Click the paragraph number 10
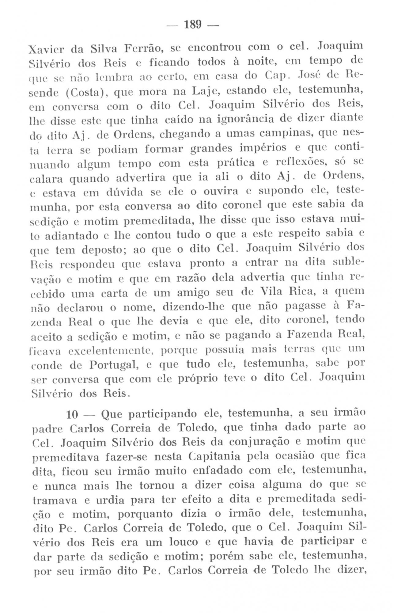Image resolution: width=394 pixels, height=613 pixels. [x=73, y=415]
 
